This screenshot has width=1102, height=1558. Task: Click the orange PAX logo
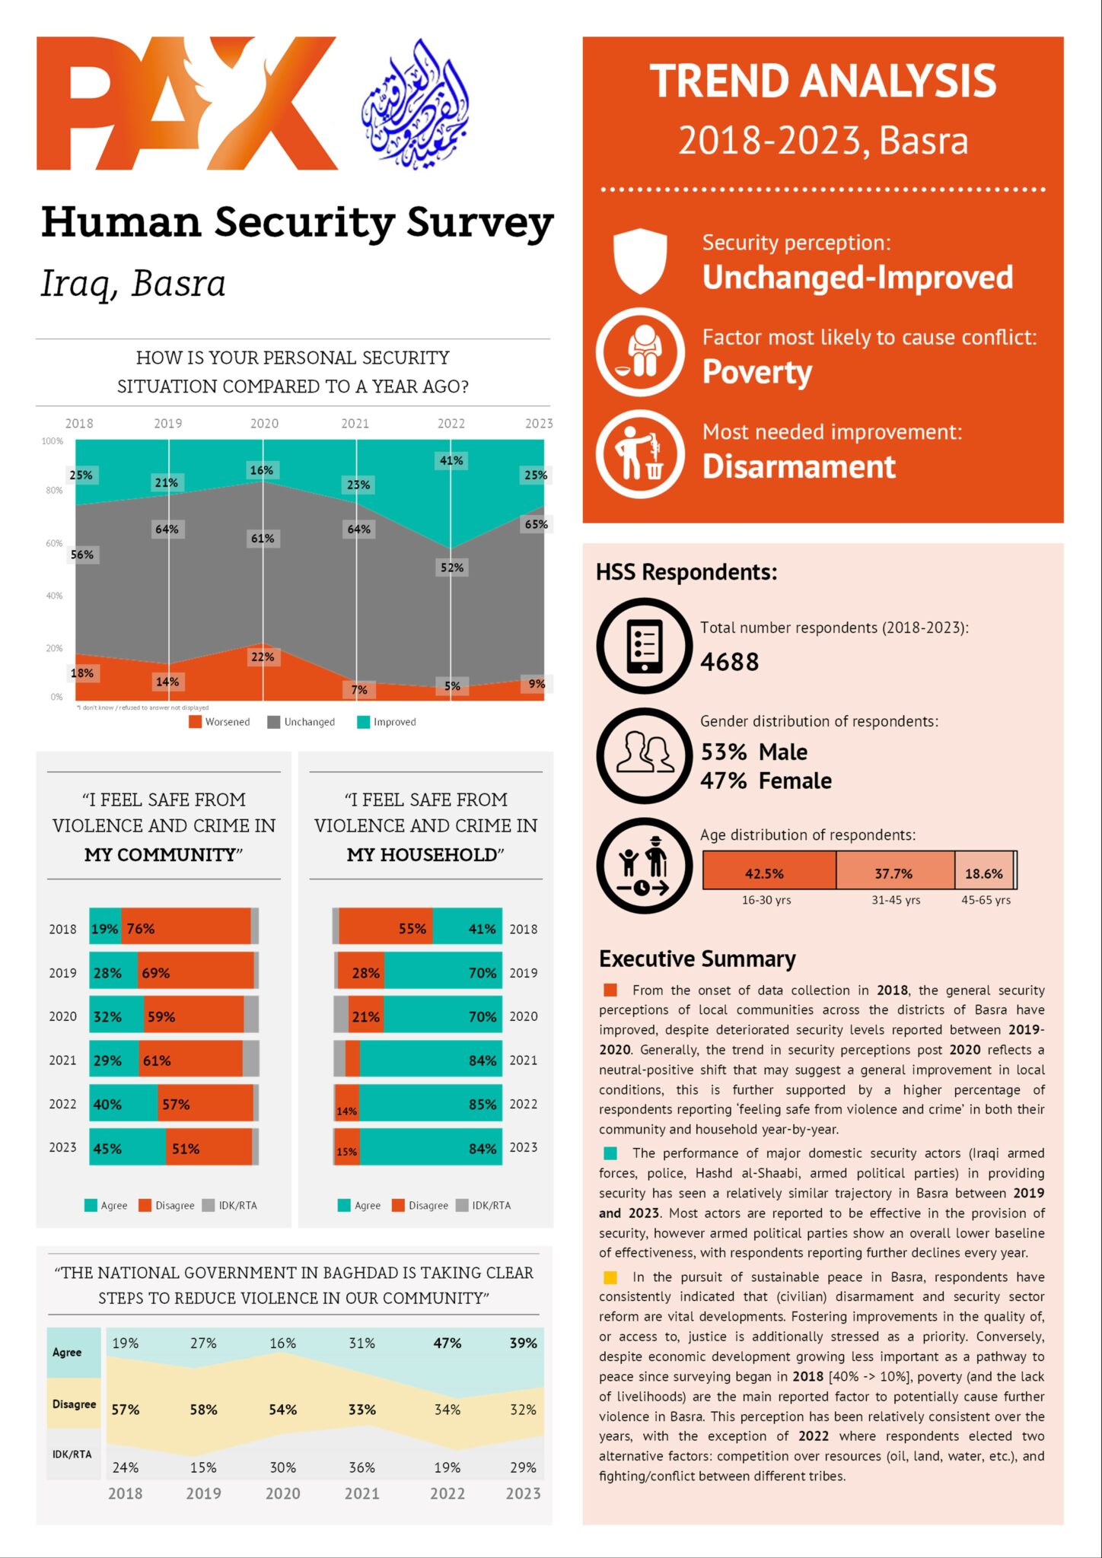pyautogui.click(x=186, y=103)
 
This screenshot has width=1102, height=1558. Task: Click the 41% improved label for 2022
pyautogui.click(x=451, y=460)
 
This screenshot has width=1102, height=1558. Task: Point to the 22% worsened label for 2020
pyautogui.click(x=263, y=657)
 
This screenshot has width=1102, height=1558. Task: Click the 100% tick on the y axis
pyautogui.click(x=53, y=441)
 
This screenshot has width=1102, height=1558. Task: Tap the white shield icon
pyautogui.click(x=640, y=261)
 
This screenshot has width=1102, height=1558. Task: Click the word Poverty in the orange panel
pyautogui.click(x=756, y=372)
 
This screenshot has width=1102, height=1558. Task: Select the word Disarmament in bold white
pyautogui.click(x=798, y=466)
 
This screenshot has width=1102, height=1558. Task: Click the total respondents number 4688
pyautogui.click(x=729, y=662)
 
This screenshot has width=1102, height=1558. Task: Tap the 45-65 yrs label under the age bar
pyautogui.click(x=986, y=900)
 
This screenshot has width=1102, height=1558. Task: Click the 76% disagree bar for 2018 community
pyautogui.click(x=186, y=928)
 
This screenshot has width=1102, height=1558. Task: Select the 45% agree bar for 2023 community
pyautogui.click(x=127, y=1148)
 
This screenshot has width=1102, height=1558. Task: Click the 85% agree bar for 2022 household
pyautogui.click(x=431, y=1104)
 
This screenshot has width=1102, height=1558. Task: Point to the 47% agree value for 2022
pyautogui.click(x=447, y=1343)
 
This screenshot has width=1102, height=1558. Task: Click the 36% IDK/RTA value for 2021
pyautogui.click(x=361, y=1467)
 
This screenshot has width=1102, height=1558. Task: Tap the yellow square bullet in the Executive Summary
pyautogui.click(x=610, y=1277)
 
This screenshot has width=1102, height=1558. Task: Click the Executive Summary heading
pyautogui.click(x=697, y=959)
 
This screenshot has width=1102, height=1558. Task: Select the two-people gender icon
pyautogui.click(x=644, y=755)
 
